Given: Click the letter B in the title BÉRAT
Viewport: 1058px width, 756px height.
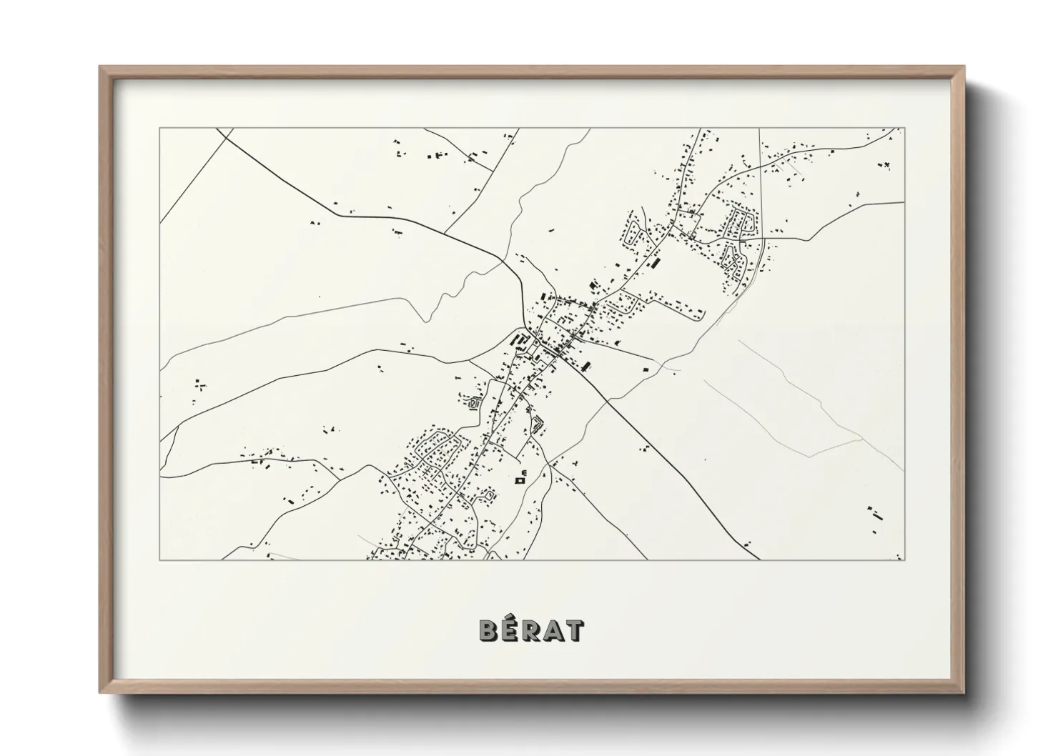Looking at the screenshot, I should click(489, 631).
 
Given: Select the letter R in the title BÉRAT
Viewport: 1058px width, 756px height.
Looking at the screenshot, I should click(530, 631).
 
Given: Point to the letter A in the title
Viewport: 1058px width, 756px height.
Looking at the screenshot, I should click(553, 631).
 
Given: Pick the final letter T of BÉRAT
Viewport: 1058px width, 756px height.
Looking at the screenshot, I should click(574, 631).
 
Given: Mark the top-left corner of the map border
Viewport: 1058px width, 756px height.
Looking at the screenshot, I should click(160, 129).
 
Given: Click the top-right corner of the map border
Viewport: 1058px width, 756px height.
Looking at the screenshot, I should click(904, 129).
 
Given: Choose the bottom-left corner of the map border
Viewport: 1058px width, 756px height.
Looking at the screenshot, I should click(160, 559).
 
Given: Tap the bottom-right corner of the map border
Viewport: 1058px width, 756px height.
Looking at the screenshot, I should click(904, 559).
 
